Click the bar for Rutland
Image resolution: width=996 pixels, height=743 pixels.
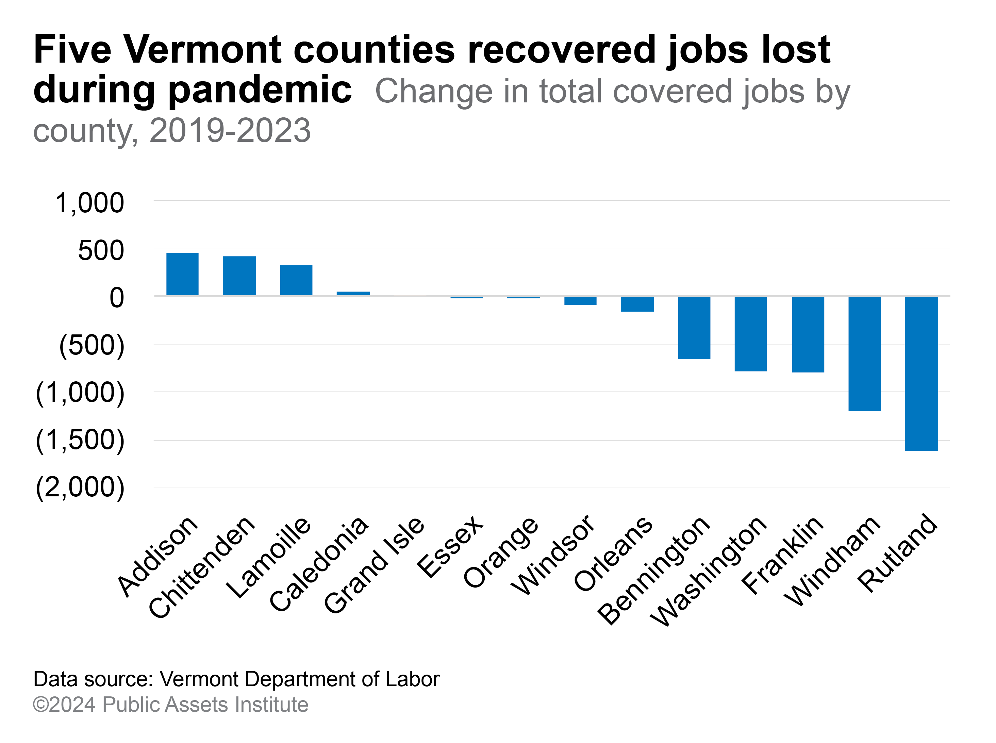[x=922, y=373]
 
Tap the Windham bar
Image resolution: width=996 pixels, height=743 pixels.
[x=864, y=353]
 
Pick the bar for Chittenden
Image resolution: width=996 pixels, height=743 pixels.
[x=239, y=276]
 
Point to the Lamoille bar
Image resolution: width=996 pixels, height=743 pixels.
[x=296, y=280]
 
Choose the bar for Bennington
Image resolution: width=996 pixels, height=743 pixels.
[x=694, y=327]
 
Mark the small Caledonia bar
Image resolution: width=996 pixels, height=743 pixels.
[x=353, y=293]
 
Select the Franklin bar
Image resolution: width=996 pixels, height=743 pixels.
[x=808, y=334]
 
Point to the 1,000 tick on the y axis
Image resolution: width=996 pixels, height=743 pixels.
[x=89, y=203]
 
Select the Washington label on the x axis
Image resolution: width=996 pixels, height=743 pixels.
[x=708, y=571]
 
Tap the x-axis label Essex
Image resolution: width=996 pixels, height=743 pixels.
[x=450, y=546]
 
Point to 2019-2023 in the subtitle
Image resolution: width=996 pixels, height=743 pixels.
[x=230, y=130]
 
